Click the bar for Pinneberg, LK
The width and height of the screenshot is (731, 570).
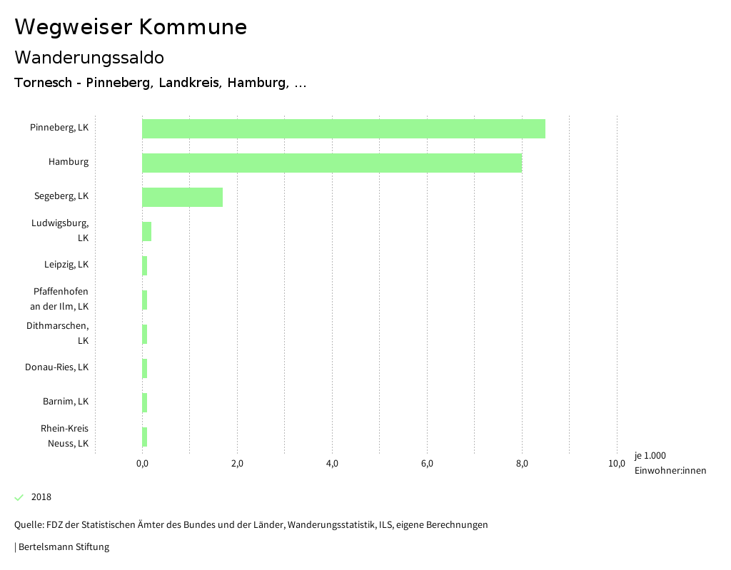pos(343,128)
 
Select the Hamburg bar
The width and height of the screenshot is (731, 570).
pos(332,163)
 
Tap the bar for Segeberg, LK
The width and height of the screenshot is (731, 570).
pos(182,197)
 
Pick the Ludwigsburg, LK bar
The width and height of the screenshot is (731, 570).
pos(146,231)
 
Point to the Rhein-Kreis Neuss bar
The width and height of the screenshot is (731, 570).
pos(145,437)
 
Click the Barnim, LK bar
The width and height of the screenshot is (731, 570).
pos(145,402)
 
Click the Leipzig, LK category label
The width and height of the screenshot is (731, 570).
pos(66,265)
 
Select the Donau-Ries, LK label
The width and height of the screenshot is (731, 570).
pos(57,367)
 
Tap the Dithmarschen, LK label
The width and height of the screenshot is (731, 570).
pos(58,333)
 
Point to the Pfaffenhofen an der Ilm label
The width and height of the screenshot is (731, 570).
pos(60,299)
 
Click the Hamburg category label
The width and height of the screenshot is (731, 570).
pos(69,162)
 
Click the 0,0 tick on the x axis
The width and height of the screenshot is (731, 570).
pos(142,464)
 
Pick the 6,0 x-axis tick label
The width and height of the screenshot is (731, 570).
pos(427,464)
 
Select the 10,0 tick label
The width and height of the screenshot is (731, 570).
pos(617,464)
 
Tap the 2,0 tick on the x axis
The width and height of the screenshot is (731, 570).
pos(237,464)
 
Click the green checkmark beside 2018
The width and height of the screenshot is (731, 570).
pos(19,497)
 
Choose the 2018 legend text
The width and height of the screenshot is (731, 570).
pos(41,497)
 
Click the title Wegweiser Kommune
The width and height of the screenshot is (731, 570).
pos(131,27)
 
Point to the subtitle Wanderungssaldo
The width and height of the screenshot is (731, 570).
pos(89,57)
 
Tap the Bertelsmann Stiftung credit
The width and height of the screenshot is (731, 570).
pos(63,547)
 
